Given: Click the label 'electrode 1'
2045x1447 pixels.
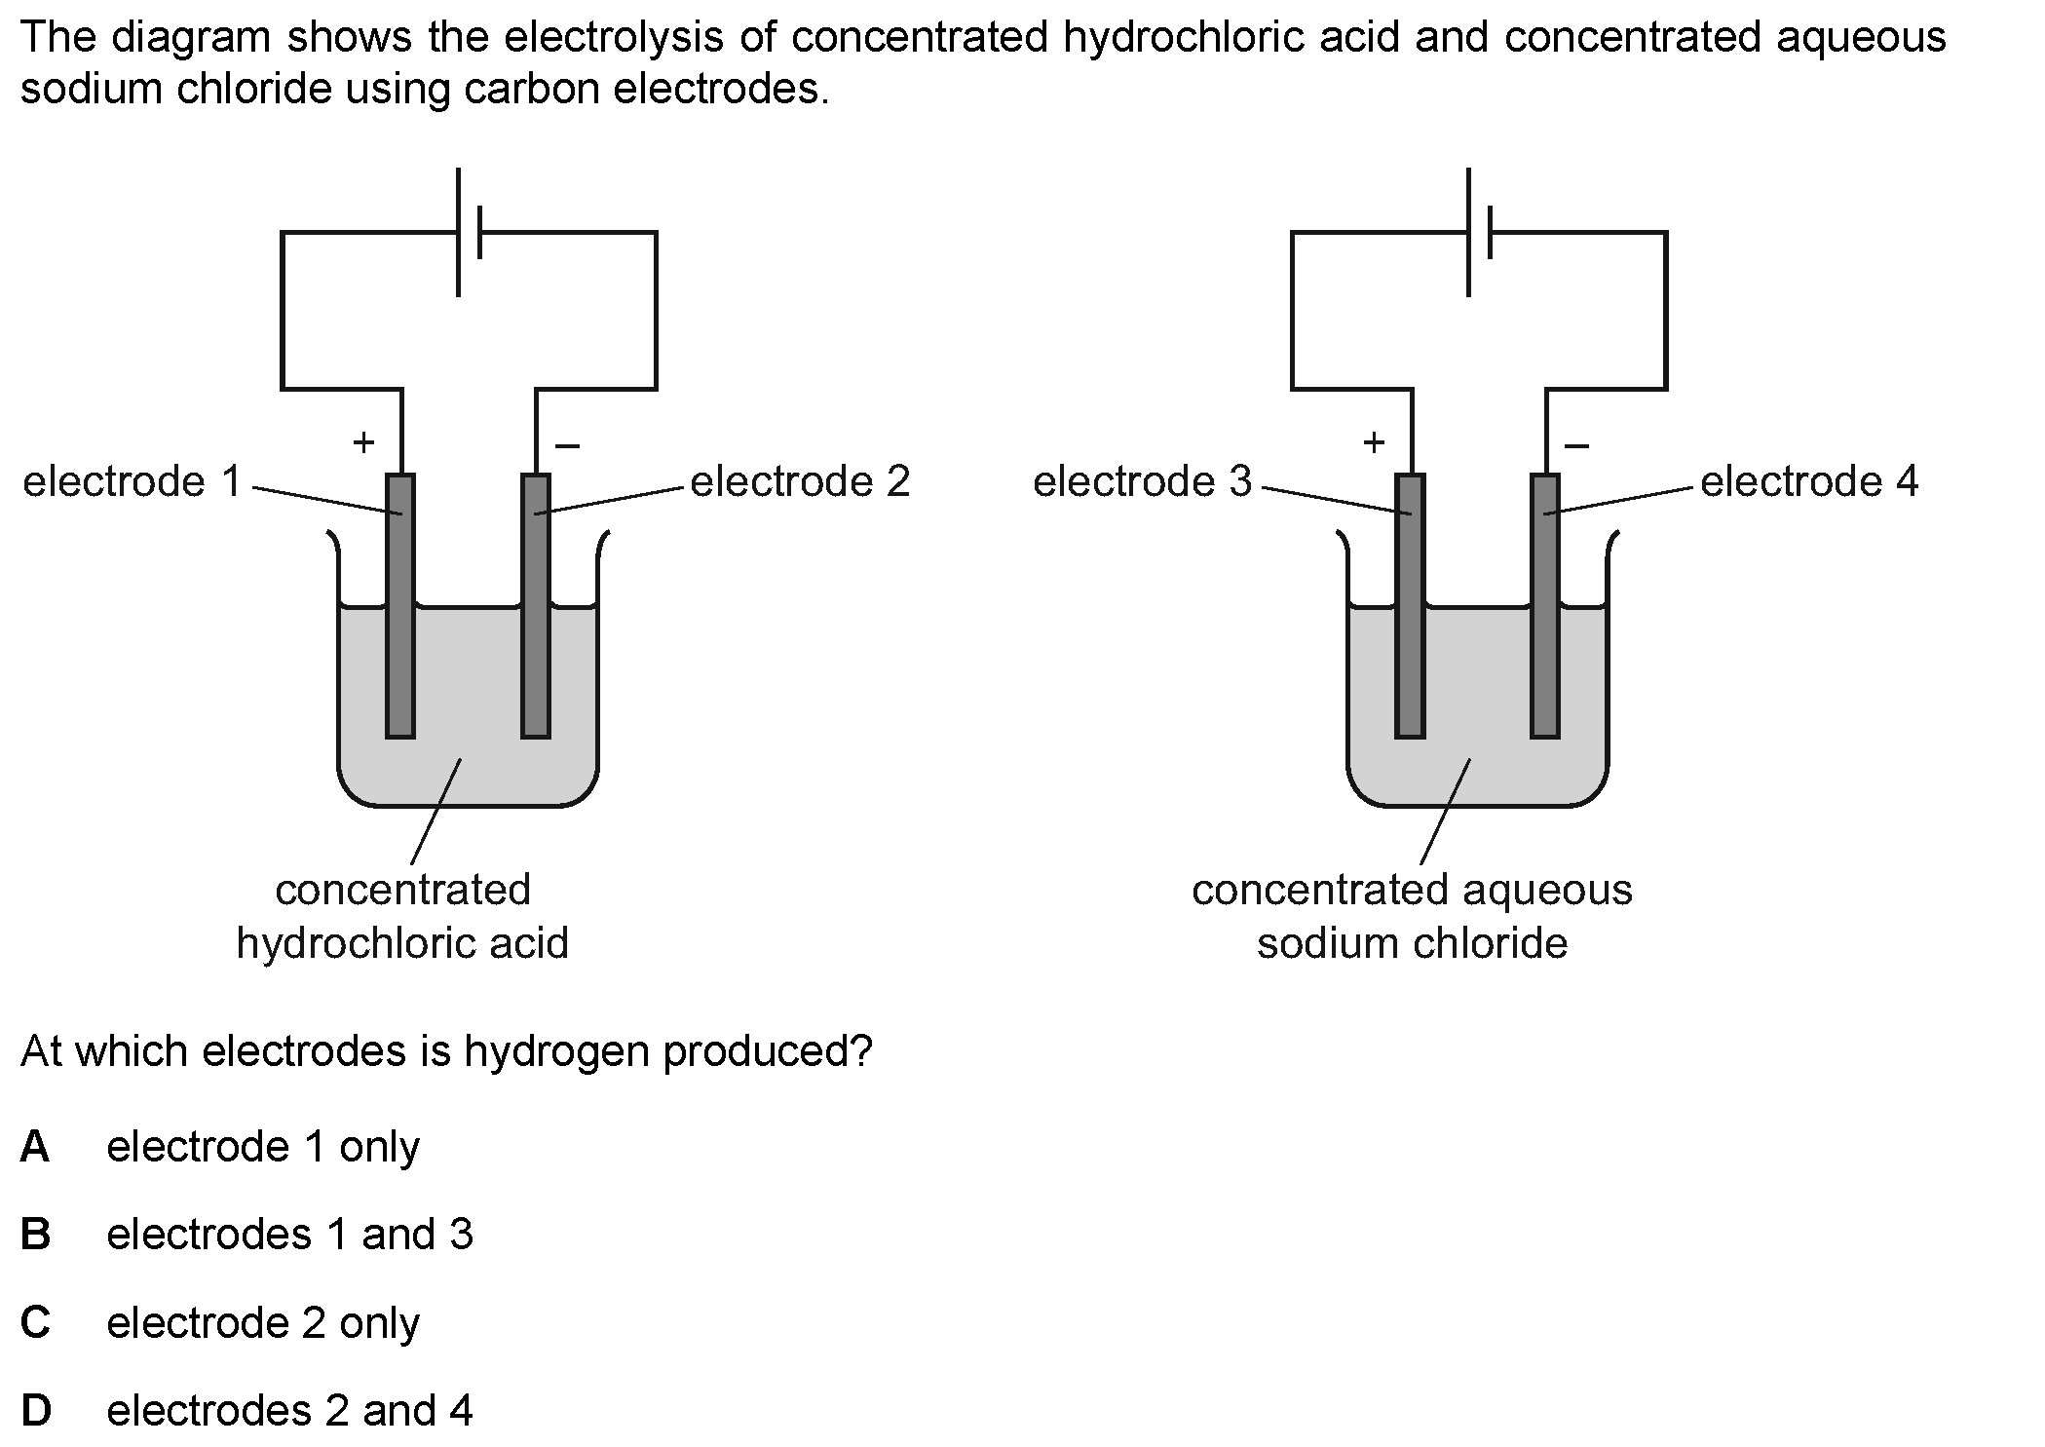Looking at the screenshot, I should point(132,482).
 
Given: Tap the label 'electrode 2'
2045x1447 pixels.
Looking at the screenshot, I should point(800,482).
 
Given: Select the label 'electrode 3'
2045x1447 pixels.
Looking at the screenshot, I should point(1142,482).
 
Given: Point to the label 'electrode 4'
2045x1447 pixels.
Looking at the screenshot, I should point(1809,482).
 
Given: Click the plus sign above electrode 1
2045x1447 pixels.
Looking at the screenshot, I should point(363,443).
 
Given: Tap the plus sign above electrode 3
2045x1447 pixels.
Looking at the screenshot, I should point(1374,443).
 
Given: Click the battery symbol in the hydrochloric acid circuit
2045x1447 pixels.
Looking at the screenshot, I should point(469,232).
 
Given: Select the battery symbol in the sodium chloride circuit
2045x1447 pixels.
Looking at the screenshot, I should point(1479,232).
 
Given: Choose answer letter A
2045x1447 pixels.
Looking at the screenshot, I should point(35,1147).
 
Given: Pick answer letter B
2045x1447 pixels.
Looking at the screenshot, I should point(35,1235).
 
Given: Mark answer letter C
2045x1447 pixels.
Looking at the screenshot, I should point(35,1323).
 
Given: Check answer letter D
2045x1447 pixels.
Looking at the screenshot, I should point(35,1411).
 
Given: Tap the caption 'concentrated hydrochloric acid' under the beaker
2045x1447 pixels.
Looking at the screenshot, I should point(402,916).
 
